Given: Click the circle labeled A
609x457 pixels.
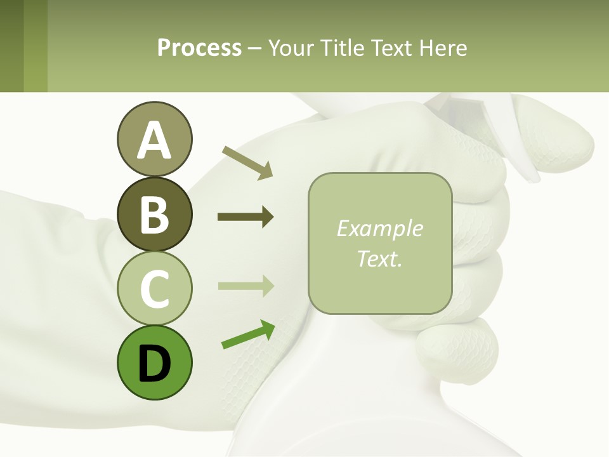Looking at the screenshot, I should pos(154,140).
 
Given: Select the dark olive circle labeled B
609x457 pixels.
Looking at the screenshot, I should pos(154,214).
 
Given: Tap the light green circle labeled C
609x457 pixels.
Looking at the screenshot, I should pos(154,288).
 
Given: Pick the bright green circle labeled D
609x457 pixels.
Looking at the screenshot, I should pos(154,362).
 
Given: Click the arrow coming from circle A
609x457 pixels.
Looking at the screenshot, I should pos(247,162).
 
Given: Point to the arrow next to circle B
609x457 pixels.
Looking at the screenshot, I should pos(246,217).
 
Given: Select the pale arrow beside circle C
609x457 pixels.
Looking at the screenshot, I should pos(246,286).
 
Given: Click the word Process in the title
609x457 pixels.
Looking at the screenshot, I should pos(199,48).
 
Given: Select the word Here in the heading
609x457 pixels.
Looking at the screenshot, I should pos(444,48).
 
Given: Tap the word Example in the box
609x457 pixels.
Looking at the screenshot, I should pos(379,228).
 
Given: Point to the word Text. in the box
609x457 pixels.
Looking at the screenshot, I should pos(379,258).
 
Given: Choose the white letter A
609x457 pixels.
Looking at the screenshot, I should pos(154,141).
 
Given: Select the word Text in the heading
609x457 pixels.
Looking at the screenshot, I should pos(391,48).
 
